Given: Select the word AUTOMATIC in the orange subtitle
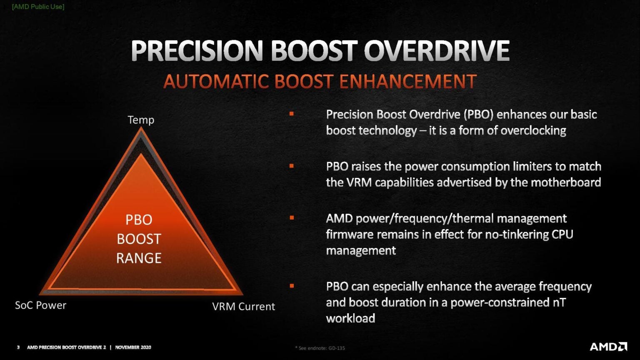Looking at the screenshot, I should click(216, 82).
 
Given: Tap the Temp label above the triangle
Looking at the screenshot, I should click(141, 120).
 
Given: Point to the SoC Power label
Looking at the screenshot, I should click(40, 305).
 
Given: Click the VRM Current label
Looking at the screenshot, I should click(243, 307).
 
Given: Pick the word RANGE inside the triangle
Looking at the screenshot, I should click(139, 258).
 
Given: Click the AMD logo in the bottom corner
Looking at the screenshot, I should click(608, 347).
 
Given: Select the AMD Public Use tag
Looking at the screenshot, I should click(38, 7).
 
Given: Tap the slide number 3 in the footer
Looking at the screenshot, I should click(18, 347).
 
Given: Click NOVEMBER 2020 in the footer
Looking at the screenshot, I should click(133, 347).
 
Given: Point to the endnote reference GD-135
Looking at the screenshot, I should click(337, 348).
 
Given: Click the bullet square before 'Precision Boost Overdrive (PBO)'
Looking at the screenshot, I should click(292, 114).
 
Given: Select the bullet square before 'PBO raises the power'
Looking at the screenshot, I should click(292, 166).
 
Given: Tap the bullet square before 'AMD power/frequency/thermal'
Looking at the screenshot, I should click(292, 217).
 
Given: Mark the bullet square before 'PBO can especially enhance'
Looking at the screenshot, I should click(292, 286).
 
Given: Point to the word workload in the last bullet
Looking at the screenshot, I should click(350, 319).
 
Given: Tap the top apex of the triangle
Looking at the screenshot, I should click(141, 129).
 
